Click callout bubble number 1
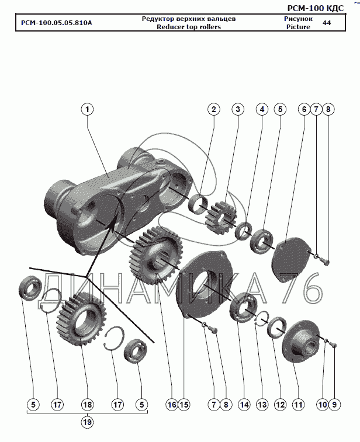[x=87, y=109]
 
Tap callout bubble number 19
[x=87, y=422]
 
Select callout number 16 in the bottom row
[x=172, y=405]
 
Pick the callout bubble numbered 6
[x=304, y=109]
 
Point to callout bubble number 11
[x=298, y=405]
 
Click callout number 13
[x=262, y=405]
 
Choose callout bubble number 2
[x=213, y=109]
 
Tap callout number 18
[x=87, y=405]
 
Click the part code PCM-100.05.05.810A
[x=57, y=23]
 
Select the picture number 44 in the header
[x=327, y=23]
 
